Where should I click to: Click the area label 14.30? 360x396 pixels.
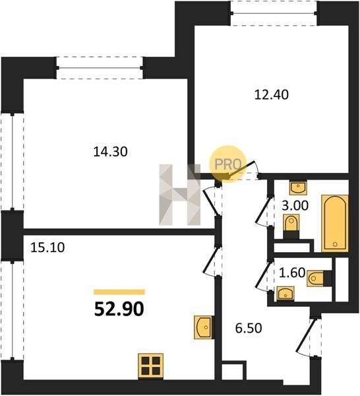pyautogui.click(x=110, y=152)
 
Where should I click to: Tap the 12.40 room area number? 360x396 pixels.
pyautogui.click(x=272, y=94)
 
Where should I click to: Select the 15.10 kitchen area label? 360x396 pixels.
pyautogui.click(x=47, y=247)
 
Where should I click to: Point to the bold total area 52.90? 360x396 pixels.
pyautogui.click(x=119, y=309)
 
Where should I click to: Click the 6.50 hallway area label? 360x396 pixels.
pyautogui.click(x=249, y=328)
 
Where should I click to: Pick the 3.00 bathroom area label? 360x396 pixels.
pyautogui.click(x=295, y=205)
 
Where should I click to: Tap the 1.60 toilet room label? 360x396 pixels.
pyautogui.click(x=292, y=273)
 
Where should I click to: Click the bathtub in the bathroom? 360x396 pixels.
pyautogui.click(x=335, y=223)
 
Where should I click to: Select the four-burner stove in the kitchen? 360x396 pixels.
pyautogui.click(x=151, y=366)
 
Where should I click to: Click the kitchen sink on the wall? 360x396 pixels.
pyautogui.click(x=204, y=327)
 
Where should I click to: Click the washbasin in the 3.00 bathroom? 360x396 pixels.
pyautogui.click(x=298, y=187)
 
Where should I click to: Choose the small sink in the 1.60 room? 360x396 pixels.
pyautogui.click(x=285, y=294)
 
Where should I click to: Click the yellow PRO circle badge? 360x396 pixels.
pyautogui.click(x=227, y=164)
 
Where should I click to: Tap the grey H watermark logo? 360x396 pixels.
pyautogui.click(x=179, y=195)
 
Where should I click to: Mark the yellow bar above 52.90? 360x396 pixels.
pyautogui.click(x=119, y=292)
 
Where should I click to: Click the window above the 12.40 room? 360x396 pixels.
pyautogui.click(x=274, y=13)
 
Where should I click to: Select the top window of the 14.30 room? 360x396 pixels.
pyautogui.click(x=100, y=68)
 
